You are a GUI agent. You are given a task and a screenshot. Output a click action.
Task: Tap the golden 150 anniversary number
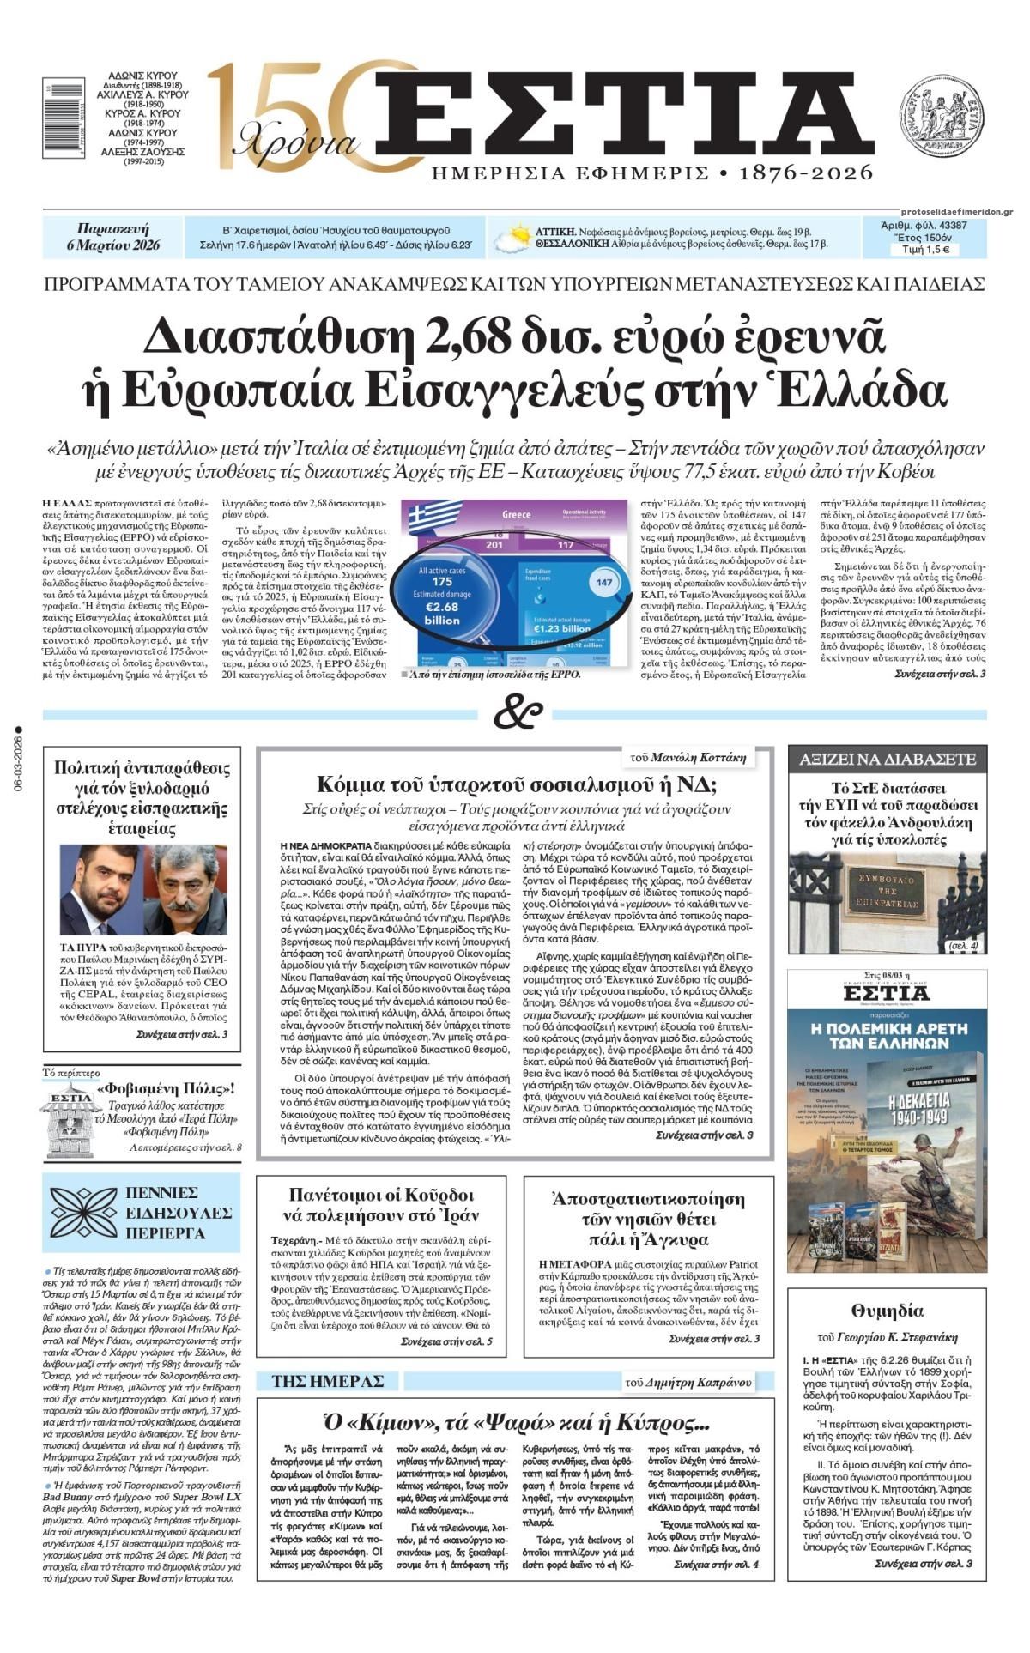click(283, 116)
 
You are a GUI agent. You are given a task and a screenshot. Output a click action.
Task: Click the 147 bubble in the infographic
click(603, 584)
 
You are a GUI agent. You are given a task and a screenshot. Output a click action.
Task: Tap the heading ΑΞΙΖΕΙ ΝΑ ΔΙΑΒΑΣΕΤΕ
click(887, 759)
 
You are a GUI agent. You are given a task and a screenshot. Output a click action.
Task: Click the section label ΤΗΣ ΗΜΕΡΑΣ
click(327, 1381)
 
